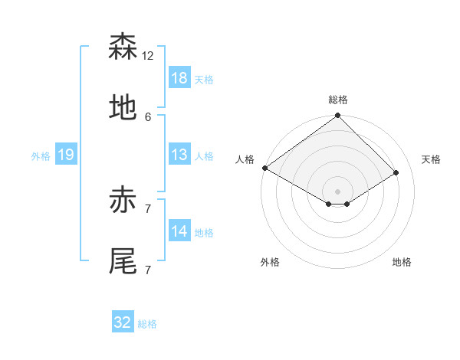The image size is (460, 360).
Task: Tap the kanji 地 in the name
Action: [123, 108]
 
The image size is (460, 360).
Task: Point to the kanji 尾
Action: [123, 261]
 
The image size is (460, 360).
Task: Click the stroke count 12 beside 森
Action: [148, 56]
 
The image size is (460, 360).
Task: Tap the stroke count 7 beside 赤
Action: [148, 209]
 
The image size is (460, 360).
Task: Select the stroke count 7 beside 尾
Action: [148, 270]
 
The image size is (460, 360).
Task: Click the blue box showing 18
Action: [179, 78]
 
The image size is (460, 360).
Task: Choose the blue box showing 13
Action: [179, 155]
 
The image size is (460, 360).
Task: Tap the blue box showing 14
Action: [179, 231]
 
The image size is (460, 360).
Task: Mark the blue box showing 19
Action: [66, 155]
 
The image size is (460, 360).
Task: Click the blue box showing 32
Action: [123, 322]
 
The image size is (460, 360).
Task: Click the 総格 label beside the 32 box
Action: [147, 324]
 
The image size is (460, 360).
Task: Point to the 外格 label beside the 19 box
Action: [41, 156]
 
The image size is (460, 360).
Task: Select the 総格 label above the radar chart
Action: [338, 100]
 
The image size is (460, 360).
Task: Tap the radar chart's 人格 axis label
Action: [245, 159]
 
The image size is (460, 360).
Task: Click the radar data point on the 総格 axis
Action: [338, 116]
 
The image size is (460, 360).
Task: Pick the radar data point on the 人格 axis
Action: [264, 168]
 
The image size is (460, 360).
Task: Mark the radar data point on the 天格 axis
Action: [396, 173]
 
